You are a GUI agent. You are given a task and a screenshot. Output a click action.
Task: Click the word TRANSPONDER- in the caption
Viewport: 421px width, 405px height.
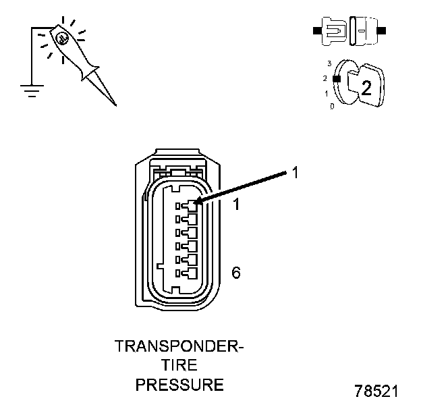(179, 347)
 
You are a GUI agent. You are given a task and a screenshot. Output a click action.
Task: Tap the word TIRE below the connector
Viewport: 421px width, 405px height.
(179, 366)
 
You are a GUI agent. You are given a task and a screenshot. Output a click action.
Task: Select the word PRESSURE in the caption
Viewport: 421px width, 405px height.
(179, 385)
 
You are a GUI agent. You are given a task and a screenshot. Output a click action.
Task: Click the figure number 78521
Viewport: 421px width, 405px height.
(376, 391)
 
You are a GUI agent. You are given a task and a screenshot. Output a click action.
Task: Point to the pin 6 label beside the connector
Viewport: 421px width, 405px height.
(235, 273)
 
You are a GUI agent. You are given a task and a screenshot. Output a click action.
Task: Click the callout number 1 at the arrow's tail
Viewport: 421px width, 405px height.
(294, 173)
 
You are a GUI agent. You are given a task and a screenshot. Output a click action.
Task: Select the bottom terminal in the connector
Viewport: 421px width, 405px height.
(186, 274)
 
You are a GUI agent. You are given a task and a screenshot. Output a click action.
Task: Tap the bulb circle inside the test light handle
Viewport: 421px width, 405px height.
(61, 39)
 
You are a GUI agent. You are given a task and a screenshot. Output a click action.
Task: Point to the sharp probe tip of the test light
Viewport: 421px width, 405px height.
(114, 104)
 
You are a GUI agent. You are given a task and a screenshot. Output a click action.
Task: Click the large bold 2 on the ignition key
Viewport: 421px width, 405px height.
(366, 86)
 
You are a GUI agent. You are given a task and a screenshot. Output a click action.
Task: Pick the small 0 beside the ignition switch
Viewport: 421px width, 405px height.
(331, 106)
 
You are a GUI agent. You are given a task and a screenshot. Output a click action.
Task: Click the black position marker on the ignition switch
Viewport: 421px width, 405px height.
(336, 79)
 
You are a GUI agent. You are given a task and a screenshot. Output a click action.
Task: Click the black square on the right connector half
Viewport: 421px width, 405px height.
(381, 31)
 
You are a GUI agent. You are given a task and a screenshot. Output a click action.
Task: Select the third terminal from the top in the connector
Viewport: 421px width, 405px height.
(186, 233)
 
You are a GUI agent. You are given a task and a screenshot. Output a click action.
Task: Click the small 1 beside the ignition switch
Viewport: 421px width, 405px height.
(327, 93)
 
